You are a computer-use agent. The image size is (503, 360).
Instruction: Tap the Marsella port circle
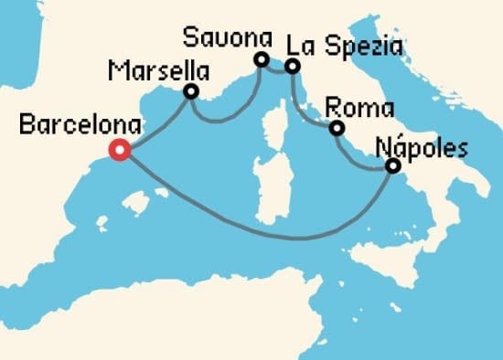[191, 91]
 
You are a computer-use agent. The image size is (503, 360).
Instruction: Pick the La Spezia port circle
[292, 66]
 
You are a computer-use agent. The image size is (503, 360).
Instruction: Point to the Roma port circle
[337, 129]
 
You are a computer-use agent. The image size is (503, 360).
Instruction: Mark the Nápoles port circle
[393, 166]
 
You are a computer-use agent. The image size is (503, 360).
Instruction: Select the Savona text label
[229, 38]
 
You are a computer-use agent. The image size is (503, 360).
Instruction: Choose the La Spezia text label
[345, 45]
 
